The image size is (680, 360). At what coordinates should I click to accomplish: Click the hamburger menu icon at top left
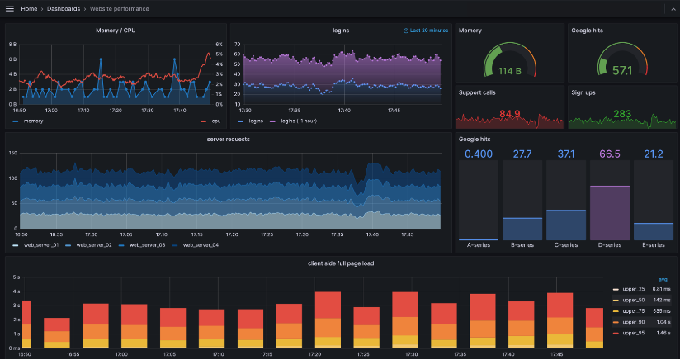coord(10,8)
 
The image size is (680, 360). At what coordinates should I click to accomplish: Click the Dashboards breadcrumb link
coord(64,8)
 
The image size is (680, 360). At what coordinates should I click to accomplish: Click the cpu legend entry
coord(215,121)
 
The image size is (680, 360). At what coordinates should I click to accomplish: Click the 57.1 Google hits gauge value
coord(622,71)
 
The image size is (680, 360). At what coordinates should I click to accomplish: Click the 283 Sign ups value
coord(622,114)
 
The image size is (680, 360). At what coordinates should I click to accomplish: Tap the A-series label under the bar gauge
coord(479,245)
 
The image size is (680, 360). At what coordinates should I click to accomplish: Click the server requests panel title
coord(228,139)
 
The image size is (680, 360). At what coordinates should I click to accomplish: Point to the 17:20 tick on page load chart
coord(315,353)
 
